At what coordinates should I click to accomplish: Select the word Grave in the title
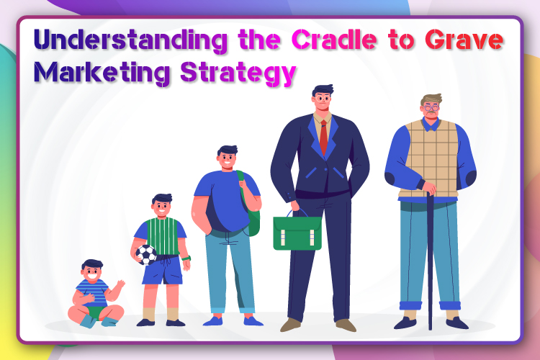(x=464, y=40)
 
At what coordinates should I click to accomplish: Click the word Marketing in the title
(x=102, y=73)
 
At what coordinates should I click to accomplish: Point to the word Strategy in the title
(x=238, y=73)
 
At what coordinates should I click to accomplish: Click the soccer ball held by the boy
(x=146, y=255)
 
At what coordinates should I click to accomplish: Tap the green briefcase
(x=297, y=232)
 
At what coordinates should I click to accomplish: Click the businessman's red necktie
(x=323, y=137)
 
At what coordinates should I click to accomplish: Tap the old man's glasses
(x=431, y=107)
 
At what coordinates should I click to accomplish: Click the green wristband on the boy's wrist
(x=186, y=258)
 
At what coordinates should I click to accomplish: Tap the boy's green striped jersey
(x=163, y=237)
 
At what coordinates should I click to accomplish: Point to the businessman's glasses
(x=322, y=99)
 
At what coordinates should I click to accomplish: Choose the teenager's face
(x=228, y=160)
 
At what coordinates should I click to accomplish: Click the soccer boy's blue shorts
(x=163, y=271)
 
